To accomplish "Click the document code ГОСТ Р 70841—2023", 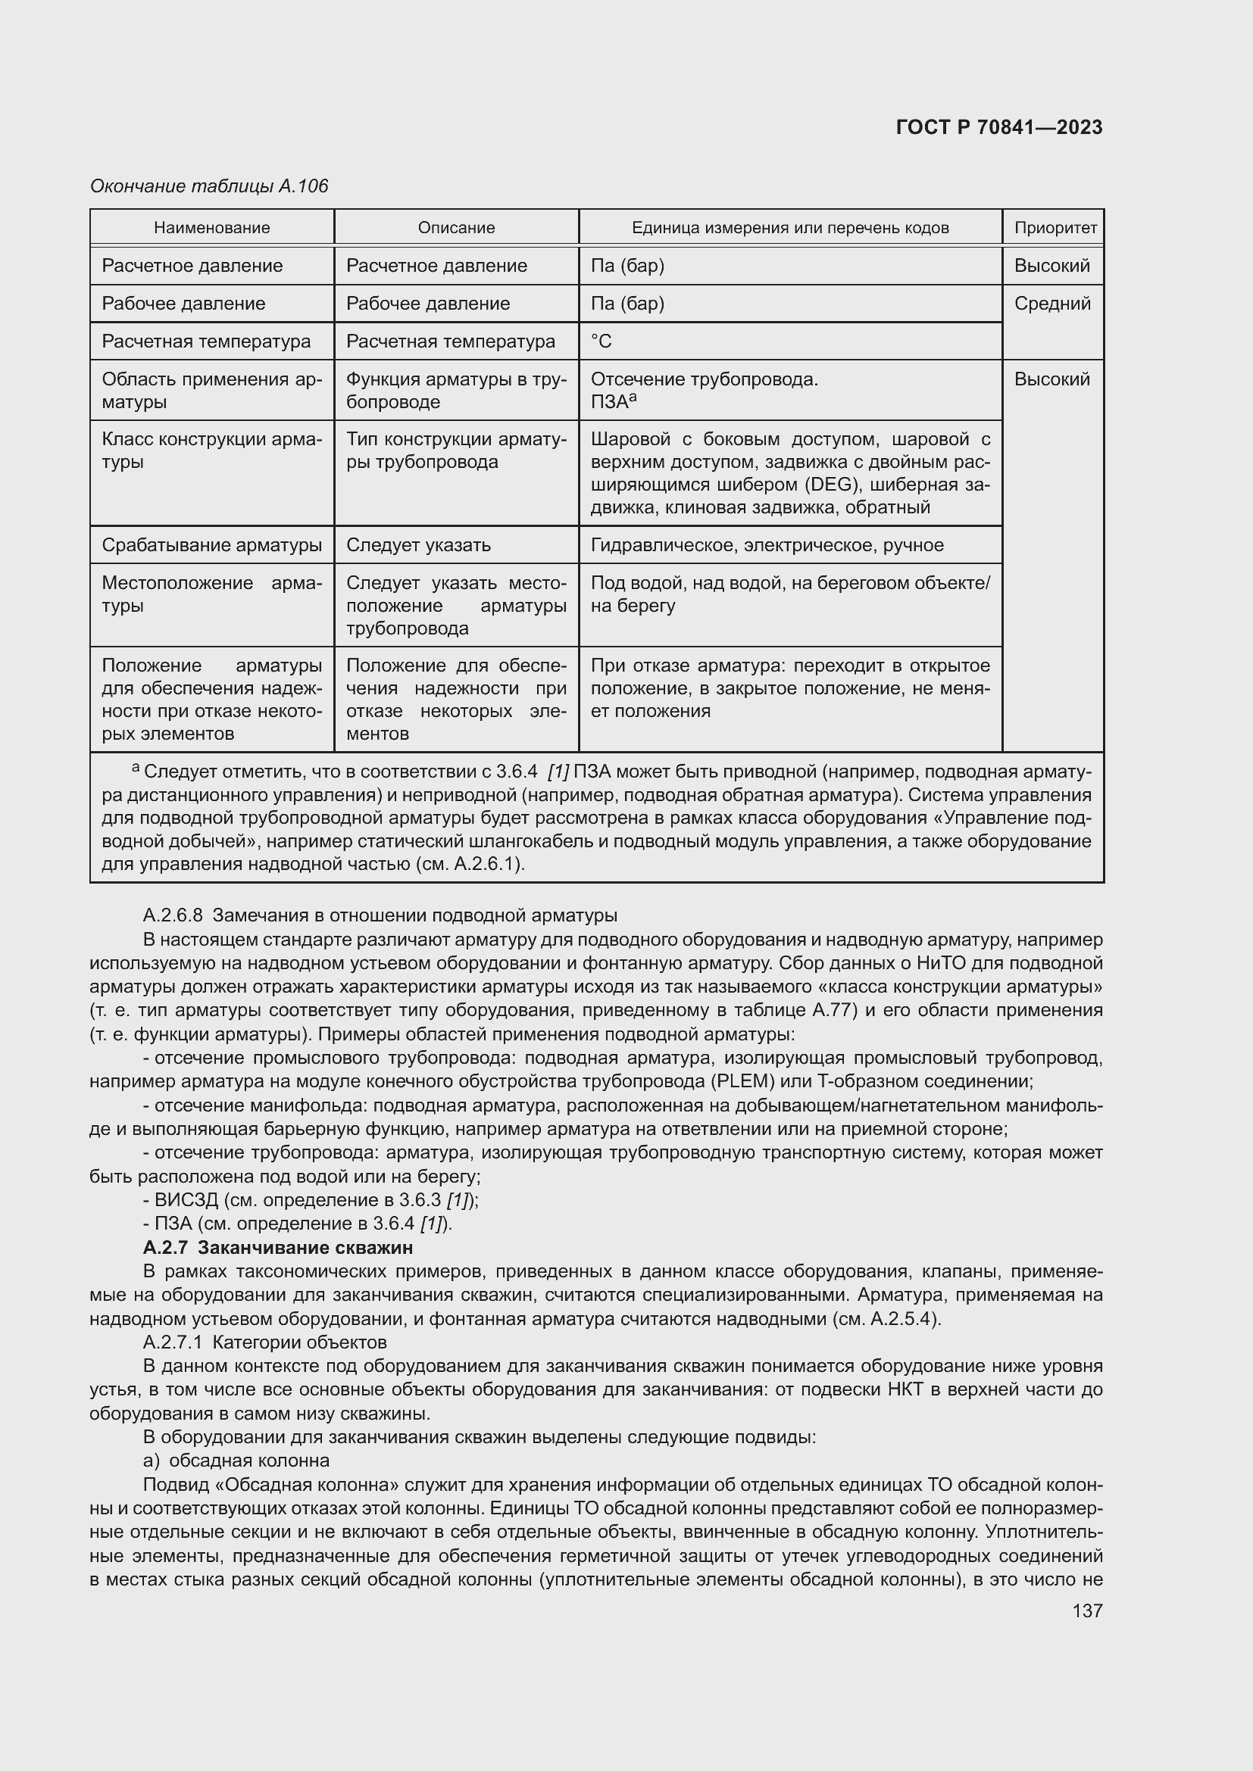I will pyautogui.click(x=998, y=127).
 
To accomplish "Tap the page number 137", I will pyautogui.click(x=1087, y=1610).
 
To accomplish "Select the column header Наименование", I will pyautogui.click(x=211, y=228).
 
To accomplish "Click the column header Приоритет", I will pyautogui.click(x=1055, y=228).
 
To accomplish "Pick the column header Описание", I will pyautogui.click(x=456, y=228).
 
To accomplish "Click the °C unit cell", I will pyautogui.click(x=601, y=341).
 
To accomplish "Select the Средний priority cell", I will pyautogui.click(x=1051, y=303).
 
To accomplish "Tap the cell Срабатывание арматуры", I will pyautogui.click(x=211, y=545).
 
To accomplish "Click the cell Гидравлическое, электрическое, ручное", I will pyautogui.click(x=767, y=545).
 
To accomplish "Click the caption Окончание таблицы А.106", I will pyautogui.click(x=209, y=186).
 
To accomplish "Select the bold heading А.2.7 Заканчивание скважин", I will pyautogui.click(x=278, y=1247).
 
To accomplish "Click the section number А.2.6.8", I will pyautogui.click(x=173, y=915).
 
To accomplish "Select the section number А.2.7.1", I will pyautogui.click(x=173, y=1342).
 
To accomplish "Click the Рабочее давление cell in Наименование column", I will pyautogui.click(x=183, y=303).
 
